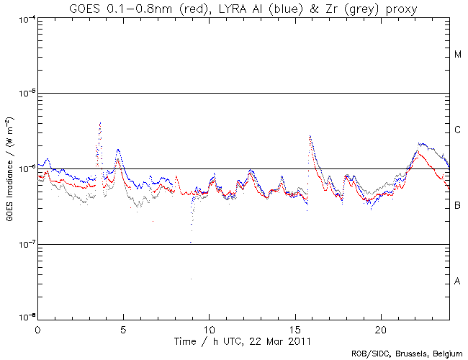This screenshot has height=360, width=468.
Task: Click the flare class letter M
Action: coord(458,55)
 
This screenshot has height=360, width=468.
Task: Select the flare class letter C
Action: coord(458,130)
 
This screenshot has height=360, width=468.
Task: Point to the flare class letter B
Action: coord(458,206)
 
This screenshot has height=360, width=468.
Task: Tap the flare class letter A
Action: coord(458,282)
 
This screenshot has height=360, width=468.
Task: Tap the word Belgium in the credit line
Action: coord(446,354)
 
